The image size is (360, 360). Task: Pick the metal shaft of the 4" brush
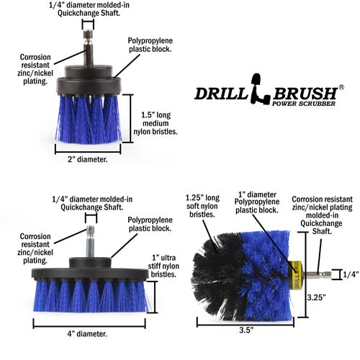click(x=91, y=238)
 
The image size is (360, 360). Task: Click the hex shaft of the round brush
click(x=317, y=273)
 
